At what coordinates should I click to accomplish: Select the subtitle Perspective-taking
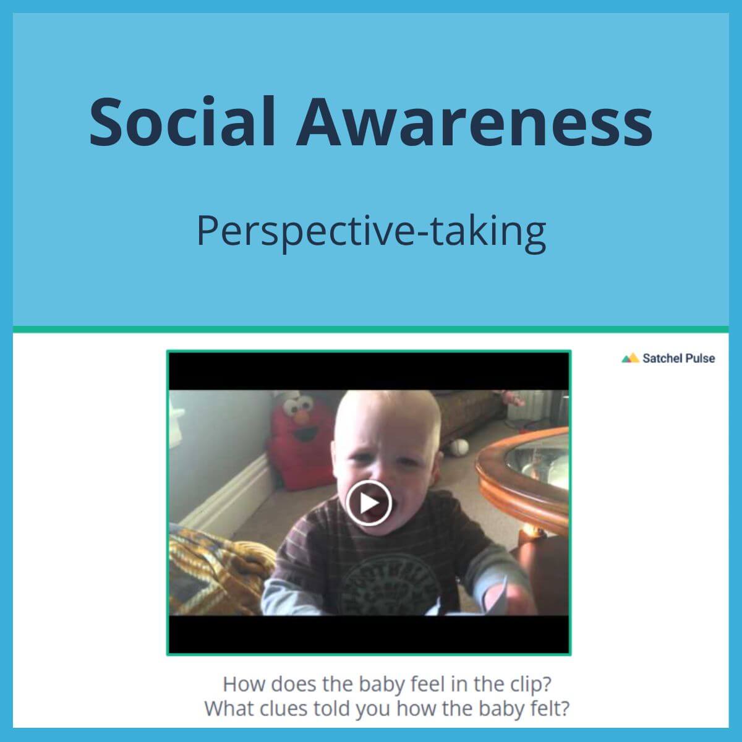[x=371, y=231]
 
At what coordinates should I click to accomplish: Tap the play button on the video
[x=369, y=503]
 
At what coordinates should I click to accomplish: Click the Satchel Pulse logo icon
[x=629, y=358]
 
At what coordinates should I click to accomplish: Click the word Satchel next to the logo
[x=660, y=358]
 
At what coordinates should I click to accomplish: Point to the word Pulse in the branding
[x=699, y=358]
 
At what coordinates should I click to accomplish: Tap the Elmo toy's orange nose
[x=301, y=419]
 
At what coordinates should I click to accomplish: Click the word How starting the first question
[x=244, y=684]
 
